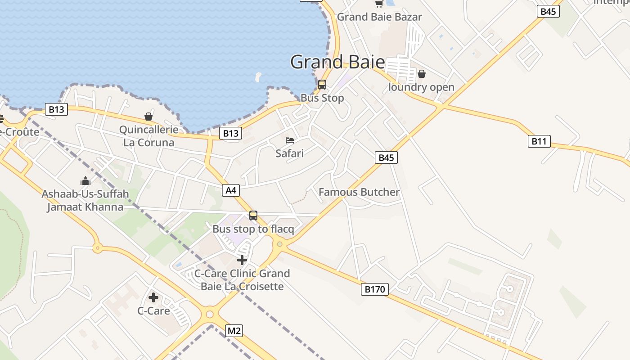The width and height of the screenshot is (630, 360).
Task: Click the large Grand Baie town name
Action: tap(337, 62)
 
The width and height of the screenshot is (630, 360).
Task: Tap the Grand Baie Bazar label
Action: tap(379, 17)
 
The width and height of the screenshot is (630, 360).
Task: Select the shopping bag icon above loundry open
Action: tap(422, 73)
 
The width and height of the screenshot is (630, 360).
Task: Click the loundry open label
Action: tap(421, 87)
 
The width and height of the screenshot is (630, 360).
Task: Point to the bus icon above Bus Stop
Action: tap(322, 84)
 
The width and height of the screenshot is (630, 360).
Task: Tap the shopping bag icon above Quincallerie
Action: tap(148, 117)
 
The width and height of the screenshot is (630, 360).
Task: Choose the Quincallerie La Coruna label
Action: tap(148, 136)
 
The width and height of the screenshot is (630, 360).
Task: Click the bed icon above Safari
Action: tap(290, 140)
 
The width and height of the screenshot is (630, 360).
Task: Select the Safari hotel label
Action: tap(290, 153)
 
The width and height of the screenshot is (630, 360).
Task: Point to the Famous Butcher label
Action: tap(359, 192)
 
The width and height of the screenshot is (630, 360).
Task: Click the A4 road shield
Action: tap(231, 190)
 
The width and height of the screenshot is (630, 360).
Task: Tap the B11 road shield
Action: tap(539, 141)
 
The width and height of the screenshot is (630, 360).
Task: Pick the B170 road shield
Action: tap(374, 289)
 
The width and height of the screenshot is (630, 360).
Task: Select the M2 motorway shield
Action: tap(234, 331)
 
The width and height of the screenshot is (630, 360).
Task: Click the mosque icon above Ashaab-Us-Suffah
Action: tap(85, 181)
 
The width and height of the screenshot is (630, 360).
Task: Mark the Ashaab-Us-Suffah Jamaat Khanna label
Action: tap(85, 201)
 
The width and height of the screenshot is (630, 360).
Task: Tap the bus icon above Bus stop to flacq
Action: tap(253, 216)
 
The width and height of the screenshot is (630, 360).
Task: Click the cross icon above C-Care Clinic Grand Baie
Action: tap(242, 260)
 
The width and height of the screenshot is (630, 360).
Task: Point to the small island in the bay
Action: tap(258, 77)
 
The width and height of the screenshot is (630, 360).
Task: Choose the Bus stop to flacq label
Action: tap(253, 229)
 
